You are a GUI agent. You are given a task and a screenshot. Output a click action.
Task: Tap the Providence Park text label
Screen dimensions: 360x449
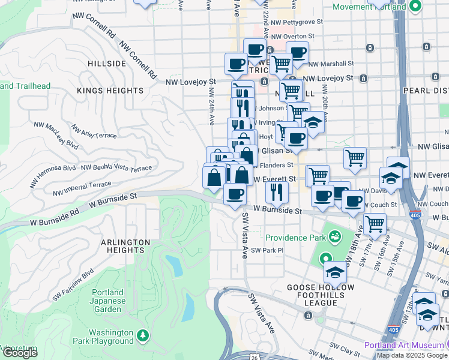click(x=291, y=238)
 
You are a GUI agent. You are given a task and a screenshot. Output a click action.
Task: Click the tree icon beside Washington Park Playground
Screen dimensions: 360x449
click(x=143, y=334)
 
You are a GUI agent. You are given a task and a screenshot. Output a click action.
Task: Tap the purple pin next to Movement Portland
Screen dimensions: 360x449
click(x=414, y=7)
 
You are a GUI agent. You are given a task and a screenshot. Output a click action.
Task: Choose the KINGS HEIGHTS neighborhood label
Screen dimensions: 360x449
click(x=110, y=91)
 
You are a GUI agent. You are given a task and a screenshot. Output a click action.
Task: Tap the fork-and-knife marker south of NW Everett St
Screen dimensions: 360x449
click(x=277, y=192)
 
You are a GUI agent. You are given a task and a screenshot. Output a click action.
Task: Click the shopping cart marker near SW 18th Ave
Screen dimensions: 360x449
click(x=375, y=224)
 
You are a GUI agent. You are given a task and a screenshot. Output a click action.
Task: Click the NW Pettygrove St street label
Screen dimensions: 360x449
click(x=297, y=21)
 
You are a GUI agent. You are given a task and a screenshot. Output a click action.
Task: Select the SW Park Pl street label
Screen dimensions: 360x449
click(x=267, y=250)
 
